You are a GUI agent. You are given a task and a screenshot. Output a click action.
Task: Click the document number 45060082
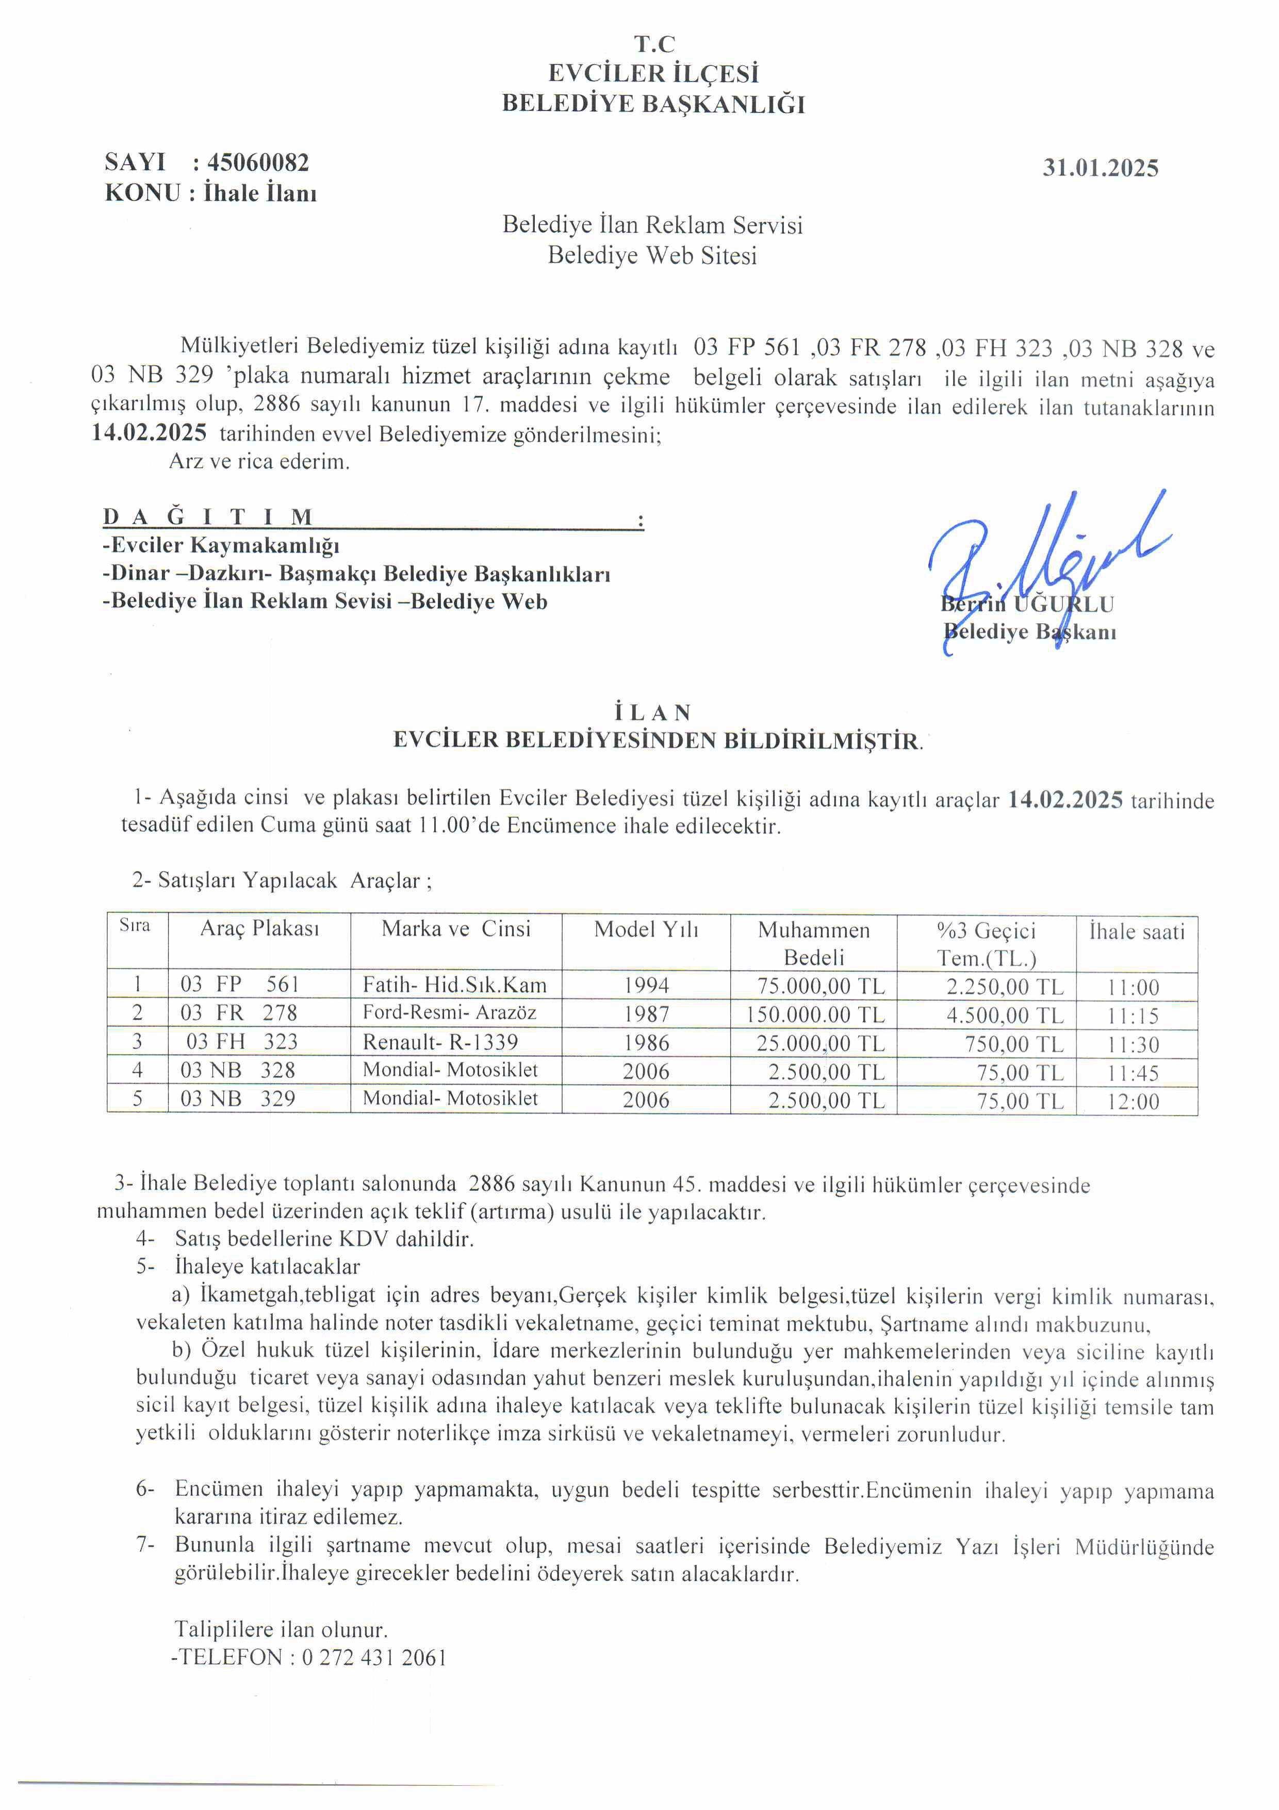[258, 163]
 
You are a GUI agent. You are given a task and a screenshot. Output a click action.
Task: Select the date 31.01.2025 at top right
[1100, 168]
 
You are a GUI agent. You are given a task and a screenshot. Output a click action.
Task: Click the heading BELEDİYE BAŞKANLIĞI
[653, 104]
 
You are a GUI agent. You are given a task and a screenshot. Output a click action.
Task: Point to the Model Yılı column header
[646, 929]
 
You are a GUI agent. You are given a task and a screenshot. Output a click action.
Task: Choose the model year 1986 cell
[646, 1043]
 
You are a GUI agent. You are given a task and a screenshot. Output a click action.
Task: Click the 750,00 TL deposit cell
[1014, 1044]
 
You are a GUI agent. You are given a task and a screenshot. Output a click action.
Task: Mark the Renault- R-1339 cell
[440, 1042]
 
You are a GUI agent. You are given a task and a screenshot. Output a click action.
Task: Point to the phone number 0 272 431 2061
[374, 1657]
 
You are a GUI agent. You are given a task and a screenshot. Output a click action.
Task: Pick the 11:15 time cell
[1133, 1016]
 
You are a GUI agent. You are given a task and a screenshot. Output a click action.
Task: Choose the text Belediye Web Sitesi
[652, 255]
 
